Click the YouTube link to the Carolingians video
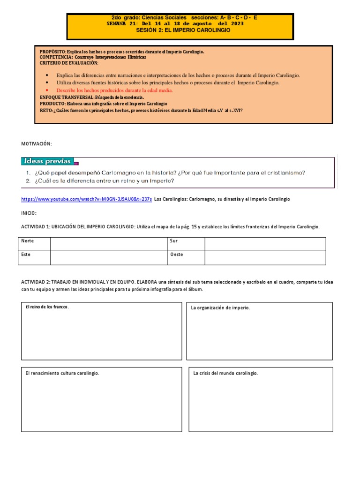(x=86, y=199)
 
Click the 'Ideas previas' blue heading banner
(x=47, y=162)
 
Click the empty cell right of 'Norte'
(x=109, y=244)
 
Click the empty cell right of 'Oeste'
(x=265, y=257)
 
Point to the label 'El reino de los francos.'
(x=47, y=307)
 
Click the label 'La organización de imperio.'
(x=220, y=308)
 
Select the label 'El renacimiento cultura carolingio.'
(x=62, y=373)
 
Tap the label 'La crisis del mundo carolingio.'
(x=226, y=373)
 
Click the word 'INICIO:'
(x=29, y=213)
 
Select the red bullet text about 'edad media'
(x=114, y=90)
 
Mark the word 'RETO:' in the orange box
(x=46, y=110)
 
